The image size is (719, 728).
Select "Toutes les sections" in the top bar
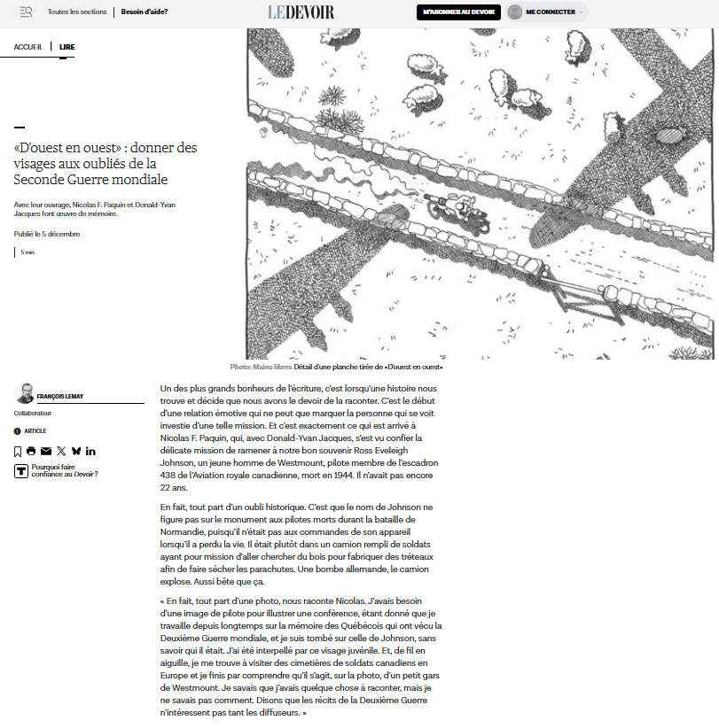[x=77, y=12]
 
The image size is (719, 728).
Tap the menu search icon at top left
[x=26, y=12]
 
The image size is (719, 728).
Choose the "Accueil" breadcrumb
[x=27, y=46]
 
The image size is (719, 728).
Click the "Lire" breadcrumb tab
[x=67, y=46]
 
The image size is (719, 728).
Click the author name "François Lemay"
[x=60, y=396]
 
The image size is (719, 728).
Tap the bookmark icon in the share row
[x=18, y=452]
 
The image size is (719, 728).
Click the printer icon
[x=31, y=452]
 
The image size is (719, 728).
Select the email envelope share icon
[x=46, y=452]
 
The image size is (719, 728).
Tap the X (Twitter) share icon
[x=61, y=452]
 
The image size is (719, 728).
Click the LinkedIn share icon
[x=90, y=452]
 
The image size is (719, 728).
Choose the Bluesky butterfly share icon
[x=76, y=452]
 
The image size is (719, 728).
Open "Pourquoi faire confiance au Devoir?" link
[x=64, y=470]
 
